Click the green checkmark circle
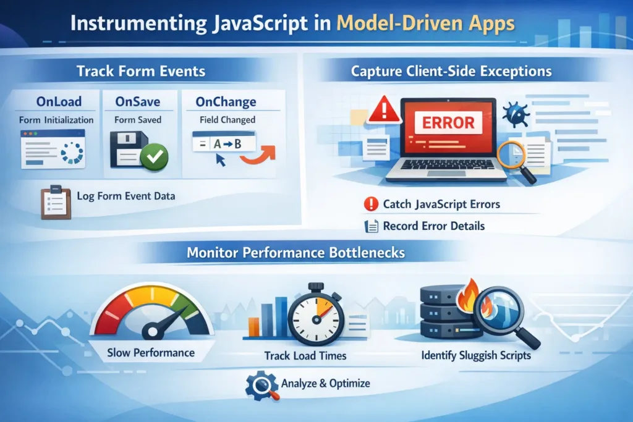pyautogui.click(x=153, y=159)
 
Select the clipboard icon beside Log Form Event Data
pyautogui.click(x=54, y=201)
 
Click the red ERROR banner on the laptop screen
pyautogui.click(x=448, y=122)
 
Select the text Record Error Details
pyautogui.click(x=433, y=226)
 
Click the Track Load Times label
pyautogui.click(x=305, y=356)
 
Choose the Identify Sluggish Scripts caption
pyautogui.click(x=475, y=356)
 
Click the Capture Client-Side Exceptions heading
pyautogui.click(x=451, y=71)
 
